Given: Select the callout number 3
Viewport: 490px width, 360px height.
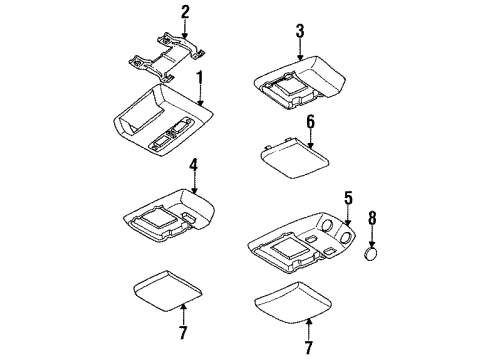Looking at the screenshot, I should pyautogui.click(x=299, y=33).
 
